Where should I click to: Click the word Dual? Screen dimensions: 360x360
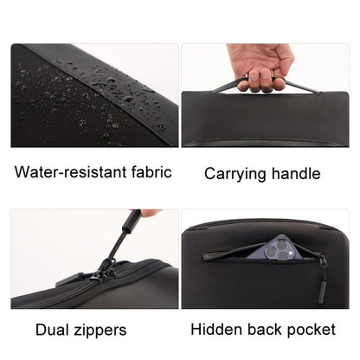click(x=55, y=329)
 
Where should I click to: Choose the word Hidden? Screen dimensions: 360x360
click(x=216, y=329)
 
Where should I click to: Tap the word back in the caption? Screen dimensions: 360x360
click(x=268, y=329)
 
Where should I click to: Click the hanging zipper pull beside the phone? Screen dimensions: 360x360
click(x=322, y=267)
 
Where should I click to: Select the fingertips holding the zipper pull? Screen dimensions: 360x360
click(x=150, y=213)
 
